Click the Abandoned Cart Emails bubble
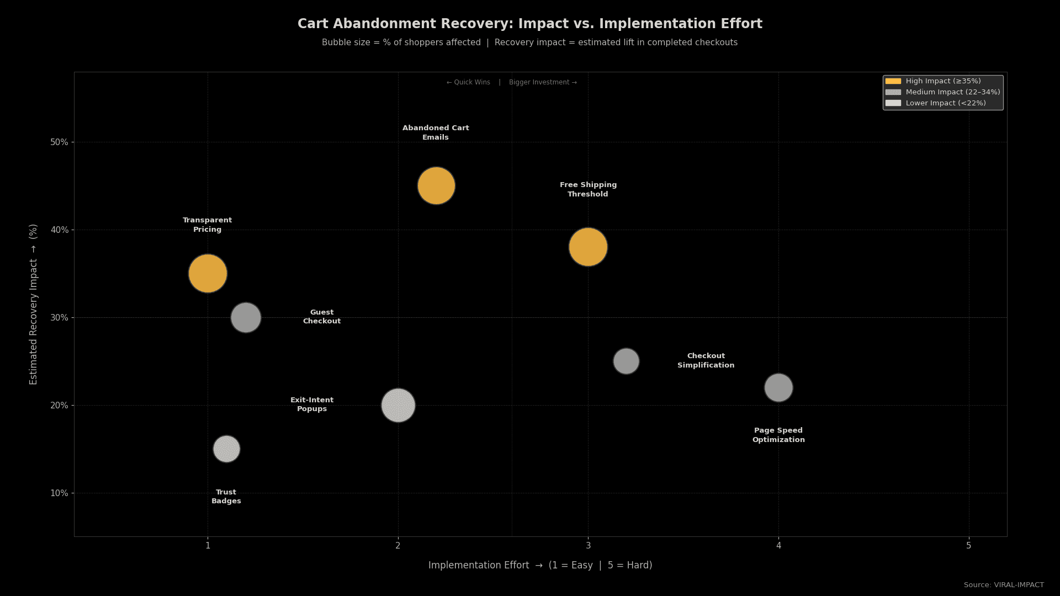[436, 186]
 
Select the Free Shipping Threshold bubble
[588, 247]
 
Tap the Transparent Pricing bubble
[208, 273]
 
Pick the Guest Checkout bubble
[246, 317]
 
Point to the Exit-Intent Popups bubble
[398, 405]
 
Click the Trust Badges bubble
[226, 449]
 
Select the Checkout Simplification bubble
[626, 361]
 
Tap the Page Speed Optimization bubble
[778, 387]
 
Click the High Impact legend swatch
[893, 81]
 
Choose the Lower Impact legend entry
[945, 103]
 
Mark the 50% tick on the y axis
[59, 142]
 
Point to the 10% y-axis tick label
[59, 493]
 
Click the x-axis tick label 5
[968, 546]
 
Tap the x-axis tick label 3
[588, 546]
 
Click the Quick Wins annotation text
[468, 82]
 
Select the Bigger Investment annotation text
[543, 82]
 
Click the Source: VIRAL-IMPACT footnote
[1003, 585]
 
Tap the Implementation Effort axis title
[540, 565]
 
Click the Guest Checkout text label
[322, 317]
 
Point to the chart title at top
[529, 24]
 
